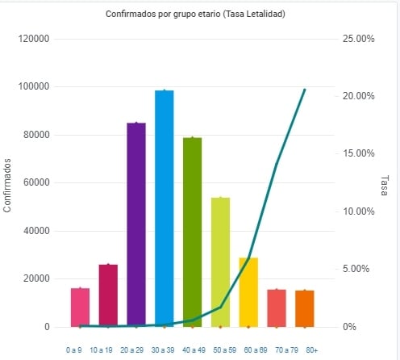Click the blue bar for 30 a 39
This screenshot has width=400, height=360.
(x=165, y=209)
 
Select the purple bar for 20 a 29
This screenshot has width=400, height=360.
(x=136, y=225)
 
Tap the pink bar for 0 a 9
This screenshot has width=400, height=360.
(x=80, y=308)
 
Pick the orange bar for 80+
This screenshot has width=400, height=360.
(x=305, y=309)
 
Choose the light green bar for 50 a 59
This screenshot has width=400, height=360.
(x=220, y=262)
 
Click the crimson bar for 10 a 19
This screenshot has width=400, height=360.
(x=108, y=296)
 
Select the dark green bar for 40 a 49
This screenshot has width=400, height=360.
(x=193, y=232)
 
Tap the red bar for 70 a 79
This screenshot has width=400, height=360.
(x=277, y=308)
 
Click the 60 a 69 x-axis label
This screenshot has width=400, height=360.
(x=256, y=350)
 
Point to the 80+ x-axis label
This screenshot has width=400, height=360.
(x=312, y=350)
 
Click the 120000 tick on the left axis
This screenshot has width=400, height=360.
(x=34, y=39)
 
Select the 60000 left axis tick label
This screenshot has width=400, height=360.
(x=36, y=182)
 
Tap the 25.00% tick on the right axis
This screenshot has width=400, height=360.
(x=358, y=39)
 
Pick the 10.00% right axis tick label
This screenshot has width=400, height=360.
(x=358, y=211)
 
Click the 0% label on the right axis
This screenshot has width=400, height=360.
(x=349, y=327)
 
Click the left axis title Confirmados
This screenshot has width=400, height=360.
(x=7, y=186)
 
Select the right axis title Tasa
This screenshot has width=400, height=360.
(x=385, y=186)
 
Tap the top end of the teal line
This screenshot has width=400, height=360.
(x=305, y=90)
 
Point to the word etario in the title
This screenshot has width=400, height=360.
(x=209, y=14)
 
